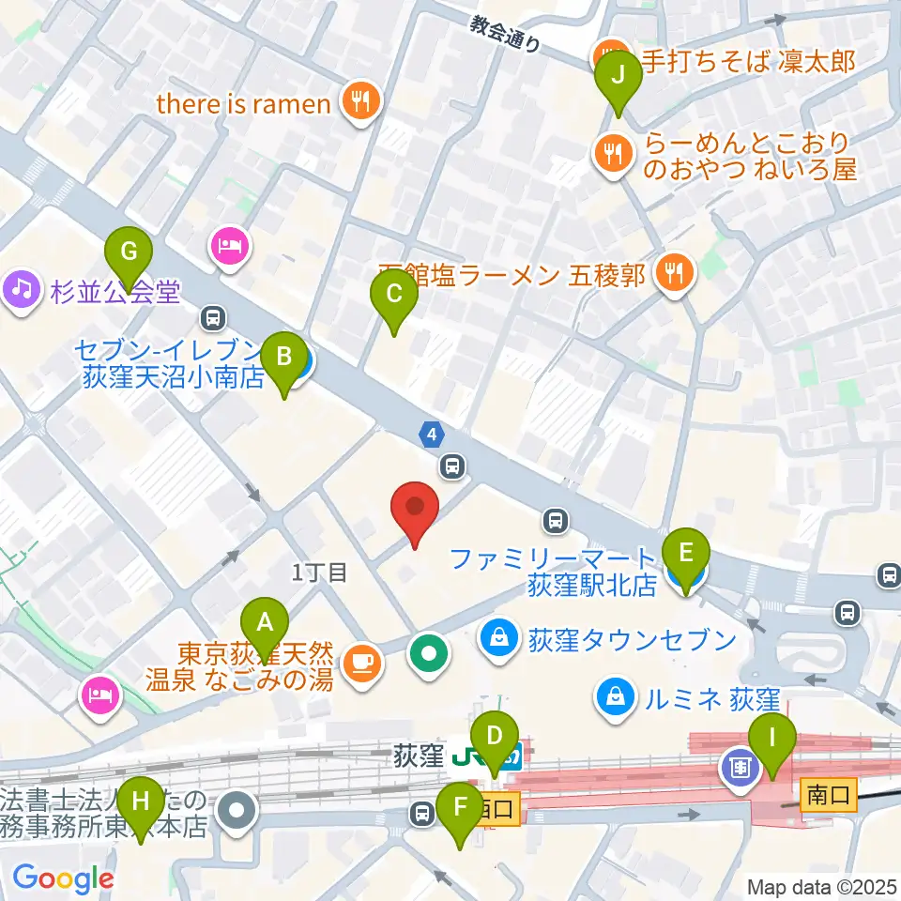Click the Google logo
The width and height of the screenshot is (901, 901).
click(x=62, y=878)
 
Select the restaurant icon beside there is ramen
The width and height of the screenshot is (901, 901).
click(x=360, y=102)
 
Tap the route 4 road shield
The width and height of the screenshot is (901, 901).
click(x=430, y=435)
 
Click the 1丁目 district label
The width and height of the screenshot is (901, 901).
click(x=320, y=572)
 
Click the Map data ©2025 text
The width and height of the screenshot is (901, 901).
click(x=821, y=885)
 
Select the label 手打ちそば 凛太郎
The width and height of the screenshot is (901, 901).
click(x=750, y=62)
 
